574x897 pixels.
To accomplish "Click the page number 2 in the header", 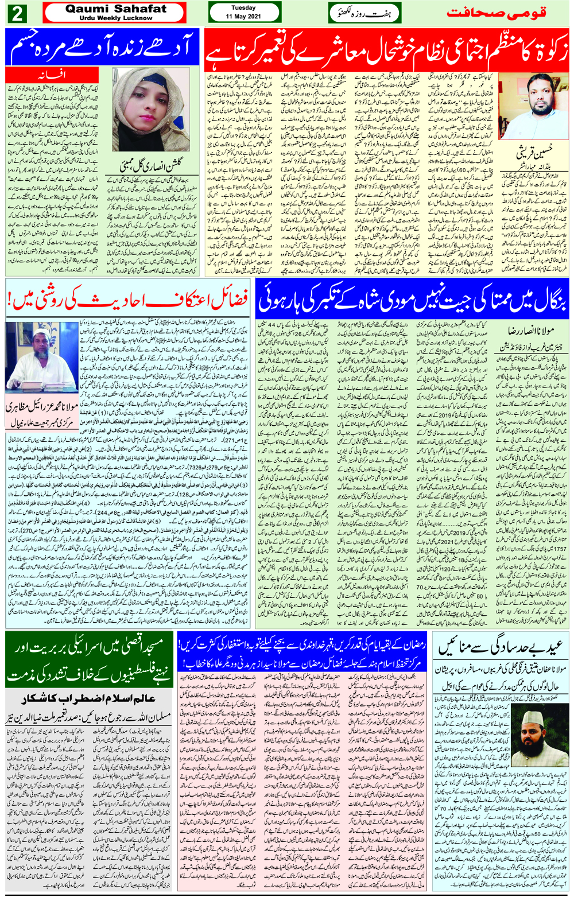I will [x=16, y=13].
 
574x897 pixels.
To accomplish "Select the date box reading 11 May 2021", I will [x=243, y=13].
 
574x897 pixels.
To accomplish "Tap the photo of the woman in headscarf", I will [x=151, y=108].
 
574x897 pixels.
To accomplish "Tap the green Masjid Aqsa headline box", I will [x=90, y=660].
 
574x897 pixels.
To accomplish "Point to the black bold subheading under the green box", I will [x=90, y=699].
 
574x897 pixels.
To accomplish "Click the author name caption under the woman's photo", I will [x=151, y=167].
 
